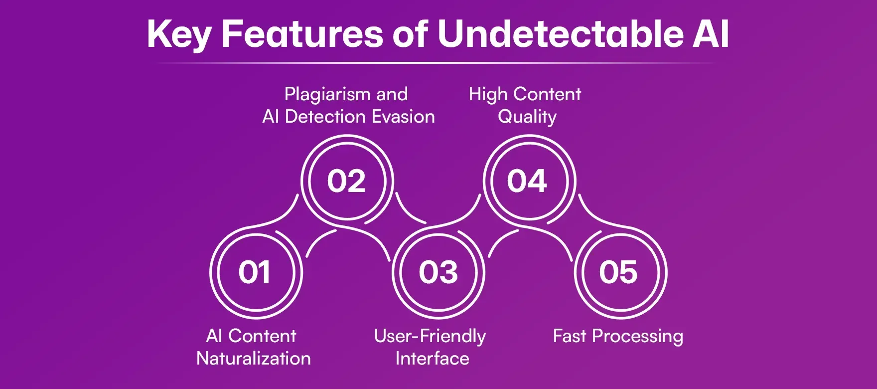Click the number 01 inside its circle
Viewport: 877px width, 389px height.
pos(255,272)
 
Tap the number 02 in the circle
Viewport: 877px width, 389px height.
pos(346,181)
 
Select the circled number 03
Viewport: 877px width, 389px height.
pos(438,272)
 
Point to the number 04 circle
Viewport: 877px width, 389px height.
pos(527,181)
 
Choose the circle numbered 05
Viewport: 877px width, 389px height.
pos(618,272)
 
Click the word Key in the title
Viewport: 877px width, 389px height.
pos(179,35)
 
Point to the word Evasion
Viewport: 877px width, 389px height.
pos(403,117)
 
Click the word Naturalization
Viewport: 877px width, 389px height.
pos(254,359)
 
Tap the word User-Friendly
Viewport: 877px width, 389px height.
pos(430,337)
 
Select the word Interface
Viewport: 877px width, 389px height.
pos(432,359)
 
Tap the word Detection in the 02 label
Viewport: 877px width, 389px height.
pos(325,117)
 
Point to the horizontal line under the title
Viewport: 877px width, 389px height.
pos(436,63)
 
